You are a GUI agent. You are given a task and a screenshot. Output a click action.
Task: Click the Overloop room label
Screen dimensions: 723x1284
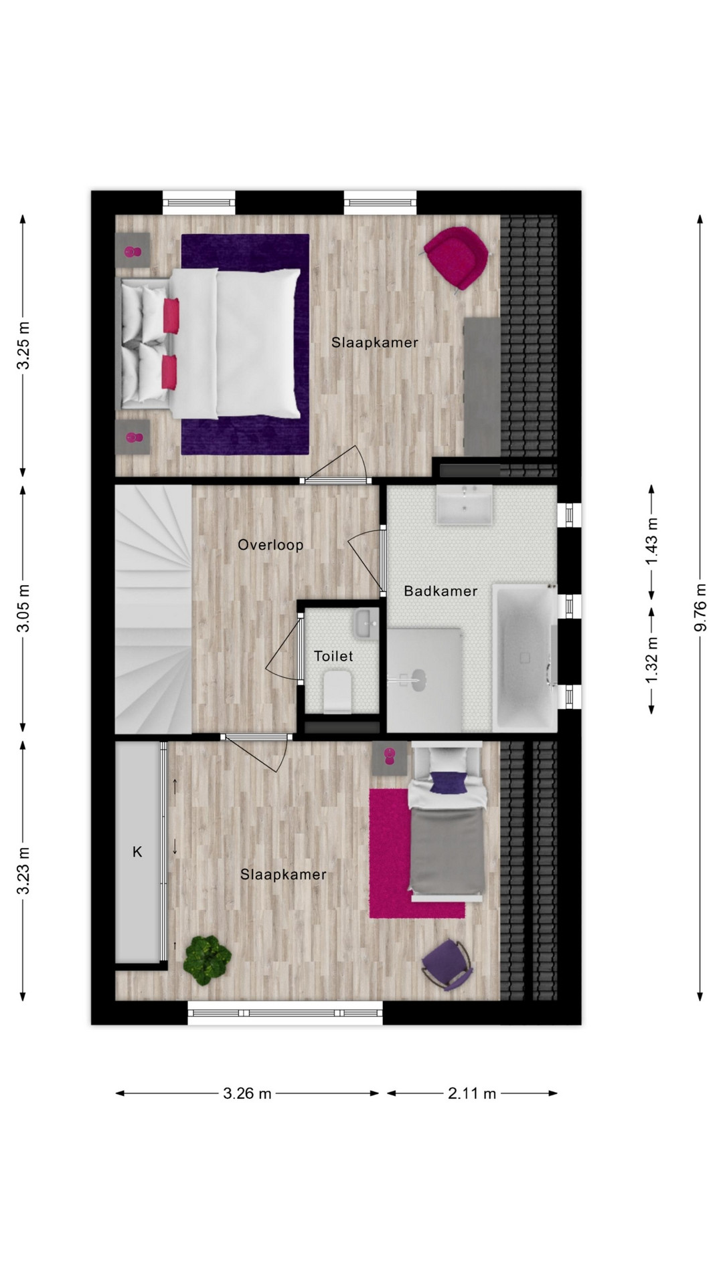(270, 545)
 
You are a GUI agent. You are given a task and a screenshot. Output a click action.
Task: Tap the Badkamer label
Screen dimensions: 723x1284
(440, 591)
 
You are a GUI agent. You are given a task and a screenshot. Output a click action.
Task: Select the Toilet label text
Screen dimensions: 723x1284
(333, 656)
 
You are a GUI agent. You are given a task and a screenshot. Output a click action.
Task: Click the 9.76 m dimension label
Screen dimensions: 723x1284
(700, 607)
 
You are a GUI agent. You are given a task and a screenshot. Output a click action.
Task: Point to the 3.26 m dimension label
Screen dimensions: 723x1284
(247, 1093)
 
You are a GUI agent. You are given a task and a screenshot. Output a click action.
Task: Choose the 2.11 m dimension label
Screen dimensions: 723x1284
(472, 1093)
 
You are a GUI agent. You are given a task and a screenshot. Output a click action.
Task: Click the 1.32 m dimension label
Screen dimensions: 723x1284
(651, 660)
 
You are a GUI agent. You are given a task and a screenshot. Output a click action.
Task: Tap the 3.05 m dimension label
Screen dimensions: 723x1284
(23, 607)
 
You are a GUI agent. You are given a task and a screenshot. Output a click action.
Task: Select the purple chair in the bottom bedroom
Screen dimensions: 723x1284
(447, 964)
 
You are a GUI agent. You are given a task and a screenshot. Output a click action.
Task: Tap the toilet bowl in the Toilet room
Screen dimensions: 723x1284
(337, 693)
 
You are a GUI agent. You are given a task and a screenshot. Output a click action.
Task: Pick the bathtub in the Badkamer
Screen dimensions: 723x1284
(525, 658)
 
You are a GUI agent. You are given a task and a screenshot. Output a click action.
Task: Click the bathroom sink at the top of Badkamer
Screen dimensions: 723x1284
(465, 504)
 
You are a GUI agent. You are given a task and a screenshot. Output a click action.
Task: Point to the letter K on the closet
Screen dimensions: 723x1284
(137, 851)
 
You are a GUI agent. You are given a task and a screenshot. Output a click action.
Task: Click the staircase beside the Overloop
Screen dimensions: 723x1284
(153, 609)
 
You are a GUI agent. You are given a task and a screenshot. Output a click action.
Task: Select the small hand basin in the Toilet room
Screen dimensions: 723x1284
(366, 623)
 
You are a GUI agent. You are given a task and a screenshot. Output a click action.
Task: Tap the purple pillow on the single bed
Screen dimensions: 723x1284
(447, 782)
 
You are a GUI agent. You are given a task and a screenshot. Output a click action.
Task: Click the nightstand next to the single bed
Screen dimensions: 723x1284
(390, 758)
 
